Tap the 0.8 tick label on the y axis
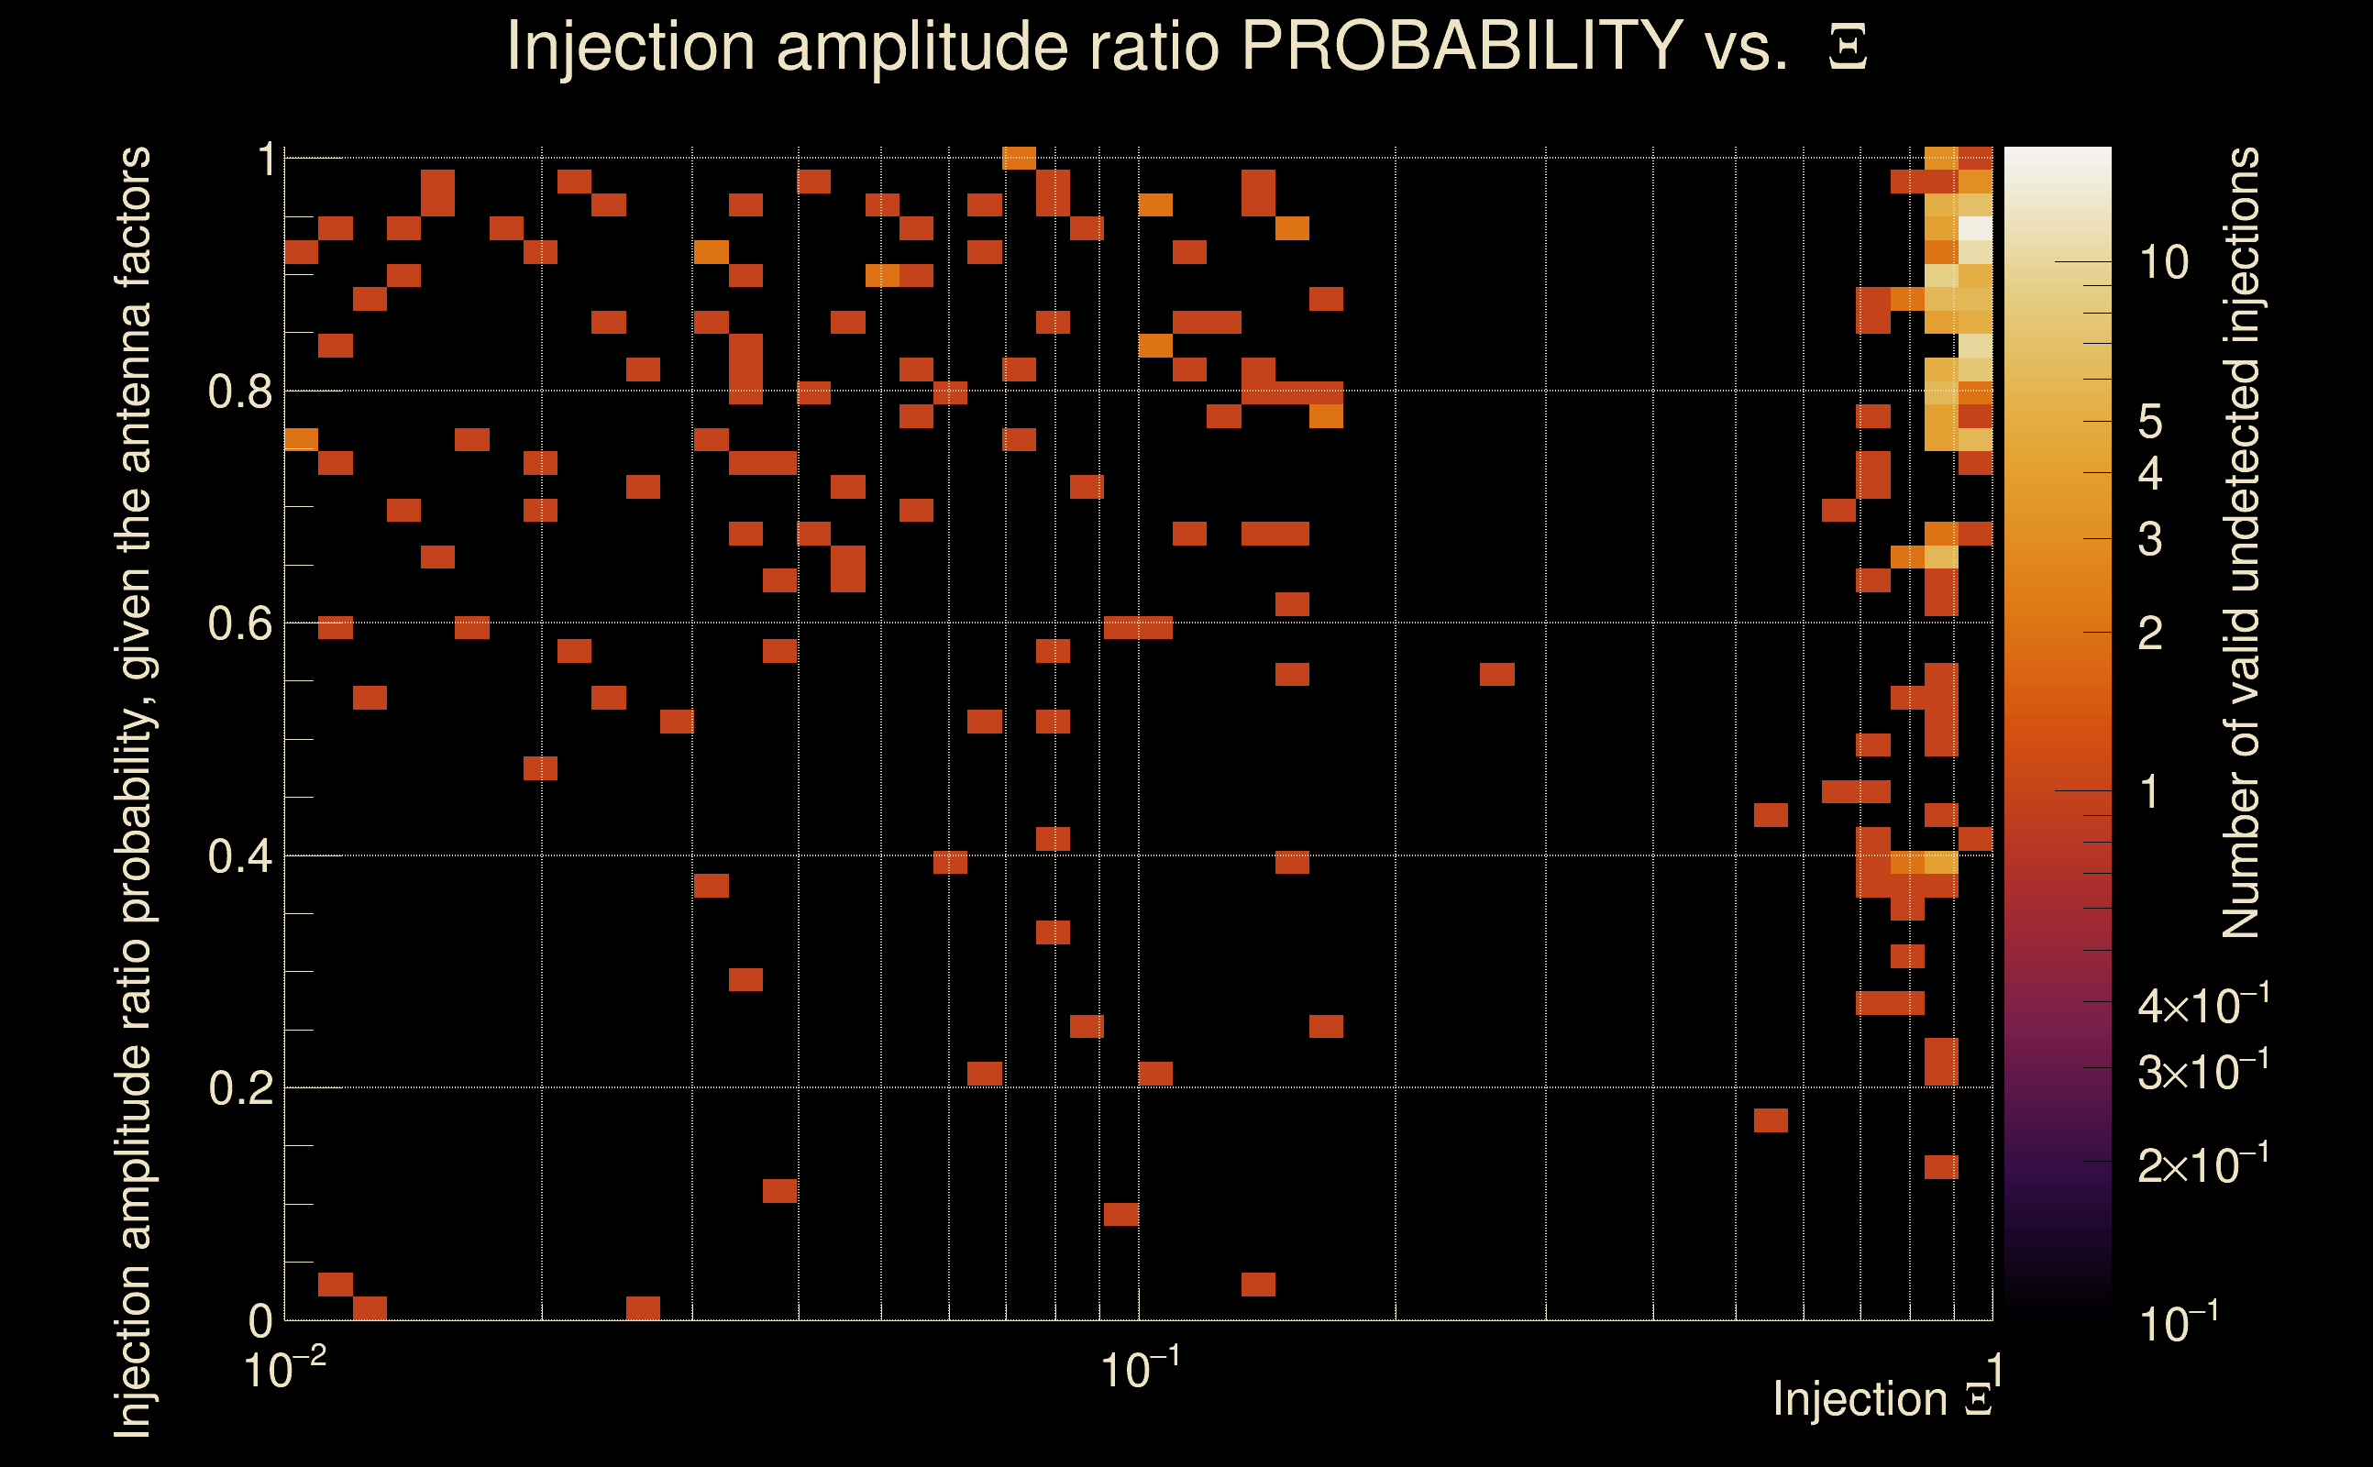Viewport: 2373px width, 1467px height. [239, 392]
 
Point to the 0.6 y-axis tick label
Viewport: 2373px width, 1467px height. [239, 623]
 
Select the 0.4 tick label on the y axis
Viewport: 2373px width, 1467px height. [239, 856]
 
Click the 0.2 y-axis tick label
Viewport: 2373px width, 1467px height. [239, 1088]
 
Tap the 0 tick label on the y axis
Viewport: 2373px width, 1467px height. [260, 1320]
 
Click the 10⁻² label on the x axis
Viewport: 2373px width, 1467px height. [284, 1370]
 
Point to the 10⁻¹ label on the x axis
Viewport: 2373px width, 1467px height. [1139, 1370]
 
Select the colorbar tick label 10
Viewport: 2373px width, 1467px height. [2163, 263]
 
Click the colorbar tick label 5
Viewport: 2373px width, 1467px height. [2151, 422]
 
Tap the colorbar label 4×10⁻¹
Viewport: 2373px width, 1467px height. [2202, 1005]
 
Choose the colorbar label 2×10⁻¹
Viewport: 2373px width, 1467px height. [2202, 1164]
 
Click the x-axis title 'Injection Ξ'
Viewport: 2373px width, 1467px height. [1882, 1399]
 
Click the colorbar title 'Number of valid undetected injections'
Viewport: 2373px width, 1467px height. [2241, 544]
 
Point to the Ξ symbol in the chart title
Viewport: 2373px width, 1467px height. [1848, 48]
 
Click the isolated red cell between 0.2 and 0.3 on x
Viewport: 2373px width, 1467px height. [1497, 674]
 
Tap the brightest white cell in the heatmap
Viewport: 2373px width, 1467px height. [1975, 229]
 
